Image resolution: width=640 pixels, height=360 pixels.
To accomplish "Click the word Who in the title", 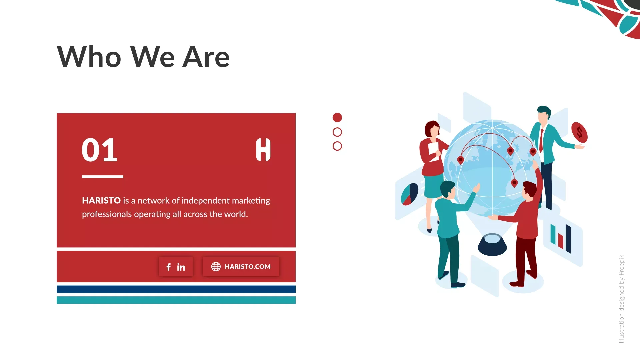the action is click(x=89, y=57).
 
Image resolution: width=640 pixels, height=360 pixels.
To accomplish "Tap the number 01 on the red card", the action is click(x=100, y=150).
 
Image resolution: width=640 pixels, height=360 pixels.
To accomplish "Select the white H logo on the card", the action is click(x=263, y=150).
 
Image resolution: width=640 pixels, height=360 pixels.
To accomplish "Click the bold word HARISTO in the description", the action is click(x=101, y=200).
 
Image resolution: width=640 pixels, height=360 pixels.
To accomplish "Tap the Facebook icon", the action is click(x=169, y=267).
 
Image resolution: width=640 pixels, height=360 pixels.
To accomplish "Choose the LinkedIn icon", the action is click(x=181, y=267).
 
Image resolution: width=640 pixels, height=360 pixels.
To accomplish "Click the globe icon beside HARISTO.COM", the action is click(x=216, y=267).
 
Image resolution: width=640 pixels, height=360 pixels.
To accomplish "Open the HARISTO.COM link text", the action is click(x=248, y=267).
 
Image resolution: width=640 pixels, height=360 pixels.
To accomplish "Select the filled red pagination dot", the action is click(x=337, y=117).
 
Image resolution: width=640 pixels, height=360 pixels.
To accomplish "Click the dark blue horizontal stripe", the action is click(x=176, y=289).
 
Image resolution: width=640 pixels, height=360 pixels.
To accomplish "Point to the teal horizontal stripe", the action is click(x=176, y=300).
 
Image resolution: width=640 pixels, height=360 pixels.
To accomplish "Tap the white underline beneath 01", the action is click(x=103, y=177).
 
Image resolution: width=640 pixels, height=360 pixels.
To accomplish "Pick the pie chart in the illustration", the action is click(x=409, y=194).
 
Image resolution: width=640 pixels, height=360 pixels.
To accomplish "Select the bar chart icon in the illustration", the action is click(x=561, y=238).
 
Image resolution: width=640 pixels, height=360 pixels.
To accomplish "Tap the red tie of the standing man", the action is click(x=541, y=140).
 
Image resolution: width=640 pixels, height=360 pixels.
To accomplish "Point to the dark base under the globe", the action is click(x=492, y=245).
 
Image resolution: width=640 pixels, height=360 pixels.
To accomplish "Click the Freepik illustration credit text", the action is click(x=621, y=299).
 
